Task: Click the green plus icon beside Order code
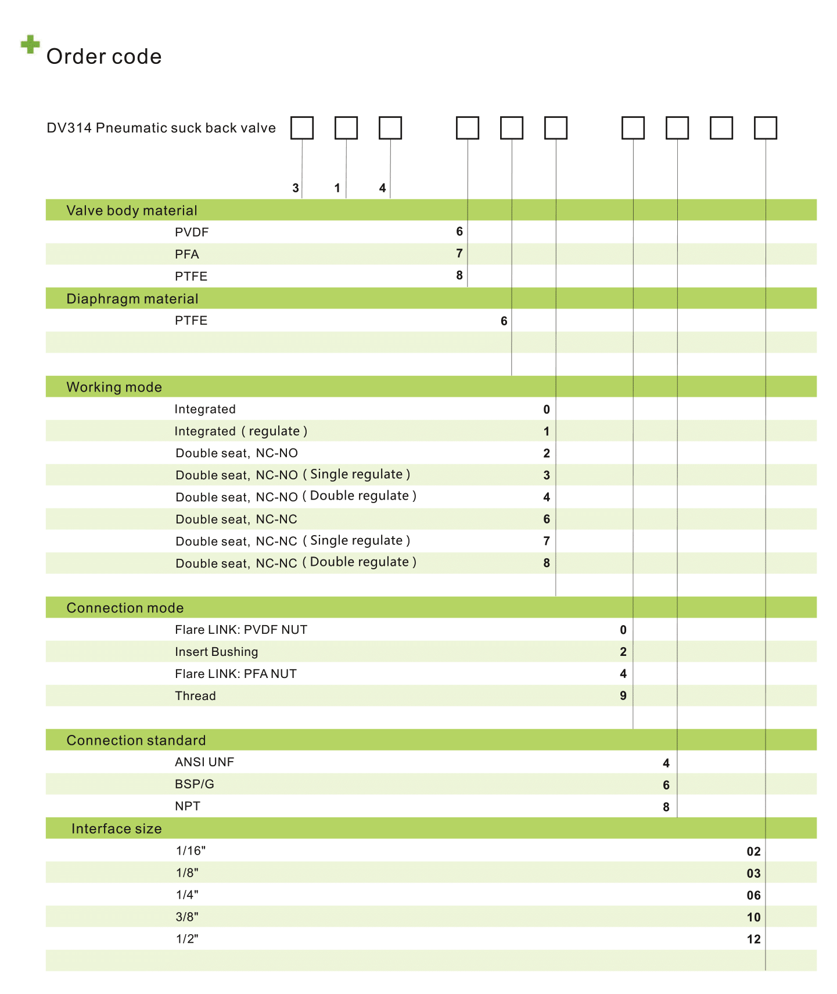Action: (30, 44)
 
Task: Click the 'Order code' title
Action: (104, 56)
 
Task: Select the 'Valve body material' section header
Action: (132, 210)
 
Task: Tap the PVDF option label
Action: (192, 232)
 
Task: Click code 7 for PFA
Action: (459, 253)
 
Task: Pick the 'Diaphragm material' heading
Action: (132, 299)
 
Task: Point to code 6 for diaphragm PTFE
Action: (504, 321)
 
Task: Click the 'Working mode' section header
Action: (114, 387)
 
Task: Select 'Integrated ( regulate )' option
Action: (240, 431)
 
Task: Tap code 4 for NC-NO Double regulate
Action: (547, 497)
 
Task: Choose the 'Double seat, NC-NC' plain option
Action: (236, 519)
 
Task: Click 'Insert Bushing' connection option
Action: (217, 652)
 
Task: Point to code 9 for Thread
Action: (623, 696)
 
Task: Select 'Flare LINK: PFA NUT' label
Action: (236, 674)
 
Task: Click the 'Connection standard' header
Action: (136, 740)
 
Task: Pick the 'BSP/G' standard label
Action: (195, 784)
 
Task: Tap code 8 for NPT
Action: (666, 807)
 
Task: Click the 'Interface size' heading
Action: (117, 828)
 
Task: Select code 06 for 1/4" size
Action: (754, 895)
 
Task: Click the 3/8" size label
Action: (187, 917)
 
